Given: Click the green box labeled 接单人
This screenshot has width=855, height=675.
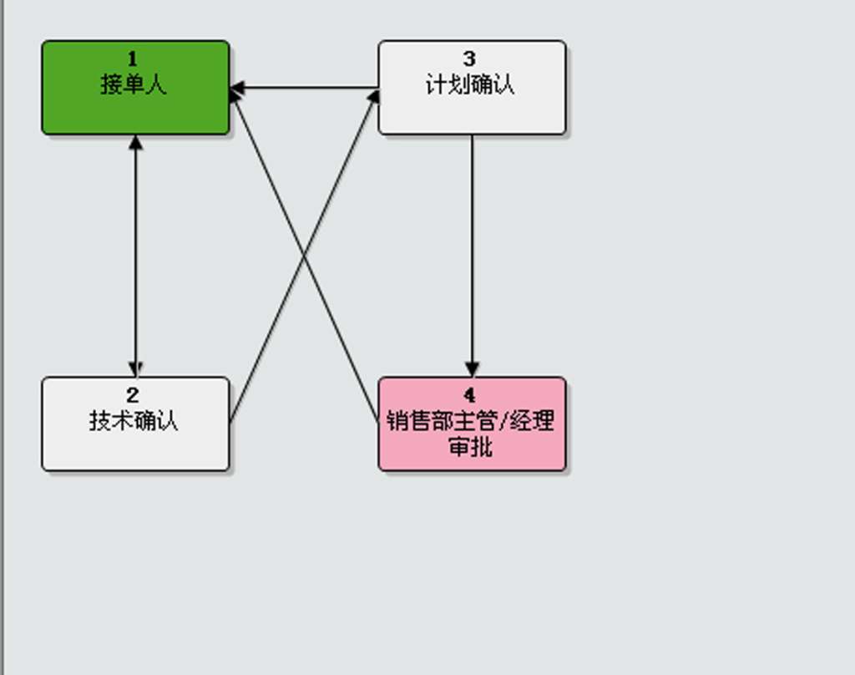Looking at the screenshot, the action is click(136, 88).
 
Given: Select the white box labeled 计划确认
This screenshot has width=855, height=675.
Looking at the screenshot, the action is click(473, 88).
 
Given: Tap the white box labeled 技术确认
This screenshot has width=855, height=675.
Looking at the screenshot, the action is click(136, 424).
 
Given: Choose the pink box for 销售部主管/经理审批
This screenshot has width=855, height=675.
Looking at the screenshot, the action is click(473, 424).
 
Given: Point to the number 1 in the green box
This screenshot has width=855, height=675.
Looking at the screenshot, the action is click(133, 59).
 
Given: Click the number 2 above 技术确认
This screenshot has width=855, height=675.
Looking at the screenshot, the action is click(133, 395).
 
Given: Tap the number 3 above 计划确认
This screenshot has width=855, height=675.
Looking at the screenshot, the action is click(469, 59).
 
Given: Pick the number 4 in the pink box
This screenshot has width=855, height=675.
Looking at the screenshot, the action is click(469, 395).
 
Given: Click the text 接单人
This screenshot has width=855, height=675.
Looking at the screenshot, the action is click(134, 85).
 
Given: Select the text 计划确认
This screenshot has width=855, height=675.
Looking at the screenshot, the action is click(470, 85).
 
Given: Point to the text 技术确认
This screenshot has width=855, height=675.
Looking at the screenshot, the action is click(134, 421).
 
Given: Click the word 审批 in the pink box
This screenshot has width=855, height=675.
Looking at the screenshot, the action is click(471, 447).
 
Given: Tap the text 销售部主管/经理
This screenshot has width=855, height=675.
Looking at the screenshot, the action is click(471, 421).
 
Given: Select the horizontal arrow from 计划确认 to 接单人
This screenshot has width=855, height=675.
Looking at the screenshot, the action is click(304, 88).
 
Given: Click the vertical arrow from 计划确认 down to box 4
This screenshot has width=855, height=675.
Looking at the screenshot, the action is click(473, 256).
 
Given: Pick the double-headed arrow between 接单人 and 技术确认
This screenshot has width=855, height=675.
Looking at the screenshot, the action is click(136, 256).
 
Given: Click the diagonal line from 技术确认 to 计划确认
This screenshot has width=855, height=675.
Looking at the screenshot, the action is click(304, 257).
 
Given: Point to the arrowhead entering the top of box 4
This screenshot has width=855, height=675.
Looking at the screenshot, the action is click(473, 369).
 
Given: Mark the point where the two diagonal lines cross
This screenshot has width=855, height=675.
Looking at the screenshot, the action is click(304, 256).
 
